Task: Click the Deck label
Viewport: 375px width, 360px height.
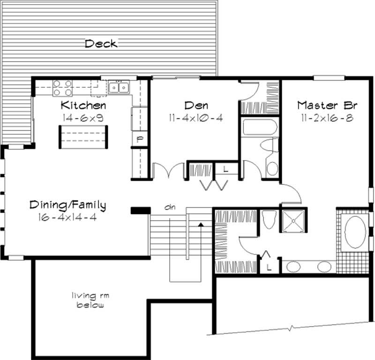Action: [101, 44]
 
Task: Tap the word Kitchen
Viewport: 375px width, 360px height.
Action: [84, 105]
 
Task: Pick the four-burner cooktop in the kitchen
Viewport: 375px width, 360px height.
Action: [62, 88]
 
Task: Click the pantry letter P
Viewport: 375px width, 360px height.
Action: [139, 139]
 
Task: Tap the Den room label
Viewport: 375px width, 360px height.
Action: [196, 105]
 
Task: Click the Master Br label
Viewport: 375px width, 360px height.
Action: [324, 105]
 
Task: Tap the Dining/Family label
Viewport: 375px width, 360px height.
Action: [68, 205]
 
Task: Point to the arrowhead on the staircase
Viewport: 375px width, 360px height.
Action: [201, 225]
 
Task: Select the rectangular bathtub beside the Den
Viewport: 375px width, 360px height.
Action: [259, 126]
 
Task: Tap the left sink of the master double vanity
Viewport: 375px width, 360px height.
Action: [293, 267]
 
